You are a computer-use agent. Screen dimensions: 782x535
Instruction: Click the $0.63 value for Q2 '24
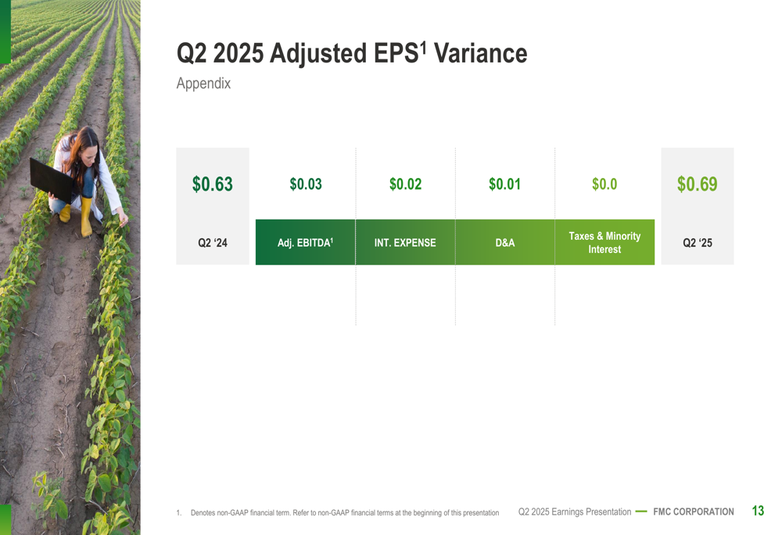point(213,184)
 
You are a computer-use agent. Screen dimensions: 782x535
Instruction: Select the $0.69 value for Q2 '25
point(698,184)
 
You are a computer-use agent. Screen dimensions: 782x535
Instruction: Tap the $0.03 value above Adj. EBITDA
point(306,184)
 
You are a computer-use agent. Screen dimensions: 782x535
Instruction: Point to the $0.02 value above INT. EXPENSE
point(405,184)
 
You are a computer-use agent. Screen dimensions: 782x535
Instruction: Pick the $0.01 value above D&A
point(504,184)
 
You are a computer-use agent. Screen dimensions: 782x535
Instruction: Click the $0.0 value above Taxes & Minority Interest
point(604,184)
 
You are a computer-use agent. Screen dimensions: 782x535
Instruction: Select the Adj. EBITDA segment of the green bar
point(305,242)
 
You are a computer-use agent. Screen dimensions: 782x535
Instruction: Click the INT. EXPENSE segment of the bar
point(405,242)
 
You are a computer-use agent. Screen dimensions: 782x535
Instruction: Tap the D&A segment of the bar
point(504,242)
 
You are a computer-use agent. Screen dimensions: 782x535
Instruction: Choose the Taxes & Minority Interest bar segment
point(604,242)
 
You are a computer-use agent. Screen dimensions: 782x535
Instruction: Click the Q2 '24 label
point(213,243)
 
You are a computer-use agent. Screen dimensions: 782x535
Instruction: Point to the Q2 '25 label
point(698,243)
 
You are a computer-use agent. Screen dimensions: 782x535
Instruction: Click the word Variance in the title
point(480,53)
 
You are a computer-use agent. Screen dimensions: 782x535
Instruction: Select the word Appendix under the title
point(203,84)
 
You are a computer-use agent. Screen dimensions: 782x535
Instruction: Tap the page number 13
point(758,511)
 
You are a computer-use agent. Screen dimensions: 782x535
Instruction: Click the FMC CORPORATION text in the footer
point(693,512)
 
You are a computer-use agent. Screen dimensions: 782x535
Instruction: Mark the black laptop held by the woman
point(52,180)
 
